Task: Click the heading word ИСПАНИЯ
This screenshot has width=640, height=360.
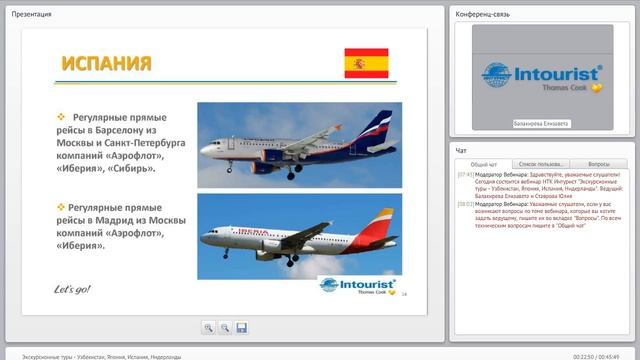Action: click(106, 65)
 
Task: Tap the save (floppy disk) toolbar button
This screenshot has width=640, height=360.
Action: click(242, 327)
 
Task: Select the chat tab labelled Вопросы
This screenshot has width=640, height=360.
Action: click(599, 163)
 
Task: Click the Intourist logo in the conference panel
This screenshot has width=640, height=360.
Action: click(543, 76)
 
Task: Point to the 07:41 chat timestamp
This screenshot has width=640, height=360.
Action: click(465, 174)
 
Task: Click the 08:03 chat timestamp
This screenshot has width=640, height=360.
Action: click(465, 204)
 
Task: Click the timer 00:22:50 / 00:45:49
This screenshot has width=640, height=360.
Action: click(603, 355)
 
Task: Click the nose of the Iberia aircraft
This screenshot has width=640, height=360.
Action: click(203, 241)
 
